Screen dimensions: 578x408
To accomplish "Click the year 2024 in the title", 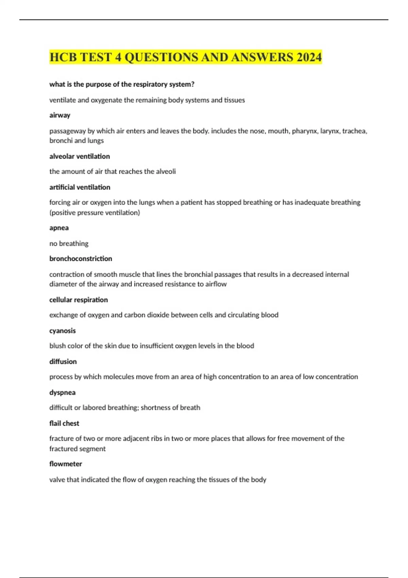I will pos(309,57).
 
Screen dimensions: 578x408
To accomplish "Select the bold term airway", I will pos(60,115).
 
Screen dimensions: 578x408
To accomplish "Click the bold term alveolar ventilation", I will pos(80,156).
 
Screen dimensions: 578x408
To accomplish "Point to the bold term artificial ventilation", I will pos(80,187).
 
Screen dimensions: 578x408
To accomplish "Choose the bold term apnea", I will pos(59,228).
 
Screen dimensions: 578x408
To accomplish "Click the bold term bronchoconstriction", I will pos(81,259).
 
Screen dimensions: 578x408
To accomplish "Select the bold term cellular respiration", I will pos(79,300).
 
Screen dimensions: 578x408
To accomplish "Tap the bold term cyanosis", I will pos(63,331).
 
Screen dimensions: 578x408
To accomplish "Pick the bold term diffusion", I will pos(63,362).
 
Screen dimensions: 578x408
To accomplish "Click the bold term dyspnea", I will pos(63,393).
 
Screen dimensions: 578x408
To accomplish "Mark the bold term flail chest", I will pos(64,423).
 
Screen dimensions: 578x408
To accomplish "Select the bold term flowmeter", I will pos(66,464).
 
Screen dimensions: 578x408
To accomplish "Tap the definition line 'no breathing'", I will pos(69,243).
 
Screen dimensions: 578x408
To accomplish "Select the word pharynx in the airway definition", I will pos(304,131).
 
